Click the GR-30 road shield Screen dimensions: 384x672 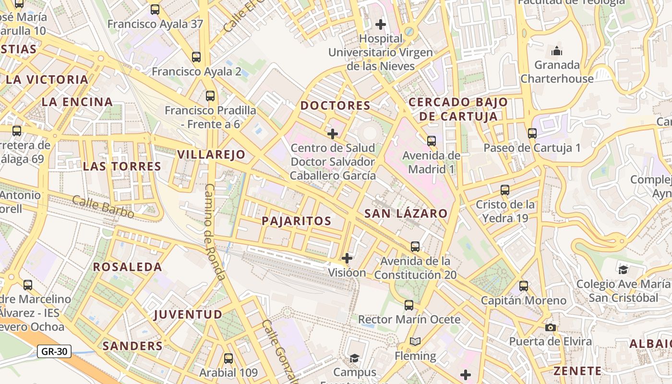pos(54,351)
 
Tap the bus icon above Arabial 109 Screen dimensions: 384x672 pos(228,359)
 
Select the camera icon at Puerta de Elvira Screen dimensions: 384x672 pos(551,327)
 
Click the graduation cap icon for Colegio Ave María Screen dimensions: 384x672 pos(623,270)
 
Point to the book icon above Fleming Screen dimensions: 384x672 pos(415,341)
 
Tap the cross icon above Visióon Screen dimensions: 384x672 pos(347,258)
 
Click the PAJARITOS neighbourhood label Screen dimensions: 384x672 pos(296,221)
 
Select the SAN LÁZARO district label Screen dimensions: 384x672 pos(406,214)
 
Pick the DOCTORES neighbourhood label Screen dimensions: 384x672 pos(335,106)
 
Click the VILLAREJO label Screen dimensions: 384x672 pos(211,155)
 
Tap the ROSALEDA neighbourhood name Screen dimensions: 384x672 pos(127,267)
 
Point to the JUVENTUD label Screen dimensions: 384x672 pos(188,315)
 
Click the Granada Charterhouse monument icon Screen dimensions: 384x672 pos(557,50)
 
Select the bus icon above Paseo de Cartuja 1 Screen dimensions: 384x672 pos(532,133)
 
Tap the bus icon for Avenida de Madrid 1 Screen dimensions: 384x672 pos(432,141)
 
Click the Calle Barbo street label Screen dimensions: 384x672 pos(103,207)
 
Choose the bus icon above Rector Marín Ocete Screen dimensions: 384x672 pos(409,305)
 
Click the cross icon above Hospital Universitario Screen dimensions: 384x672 pos(381,24)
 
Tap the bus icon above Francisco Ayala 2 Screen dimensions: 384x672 pos(196,57)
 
